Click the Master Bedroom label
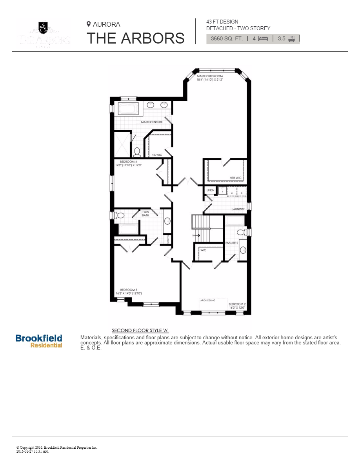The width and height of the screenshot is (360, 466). (210, 76)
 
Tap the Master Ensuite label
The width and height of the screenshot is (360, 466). (152, 122)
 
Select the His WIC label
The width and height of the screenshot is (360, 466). (156, 155)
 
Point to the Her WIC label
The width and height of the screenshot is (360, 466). (235, 178)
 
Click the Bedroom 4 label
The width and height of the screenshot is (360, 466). (128, 162)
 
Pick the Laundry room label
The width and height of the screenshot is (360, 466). (238, 209)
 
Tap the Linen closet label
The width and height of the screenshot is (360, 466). (211, 190)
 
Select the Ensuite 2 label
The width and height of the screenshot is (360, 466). (232, 243)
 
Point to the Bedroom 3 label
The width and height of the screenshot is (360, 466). (129, 290)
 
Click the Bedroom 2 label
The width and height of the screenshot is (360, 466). (237, 304)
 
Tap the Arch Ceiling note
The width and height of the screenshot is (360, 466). (208, 300)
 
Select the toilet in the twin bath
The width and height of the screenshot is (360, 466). (119, 215)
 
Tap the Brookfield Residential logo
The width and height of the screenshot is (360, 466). (39, 340)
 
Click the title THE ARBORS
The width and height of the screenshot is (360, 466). (135, 38)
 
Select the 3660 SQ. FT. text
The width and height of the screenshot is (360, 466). (227, 38)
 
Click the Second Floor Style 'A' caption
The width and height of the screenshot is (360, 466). (140, 331)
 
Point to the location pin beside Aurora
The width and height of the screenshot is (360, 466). (89, 24)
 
